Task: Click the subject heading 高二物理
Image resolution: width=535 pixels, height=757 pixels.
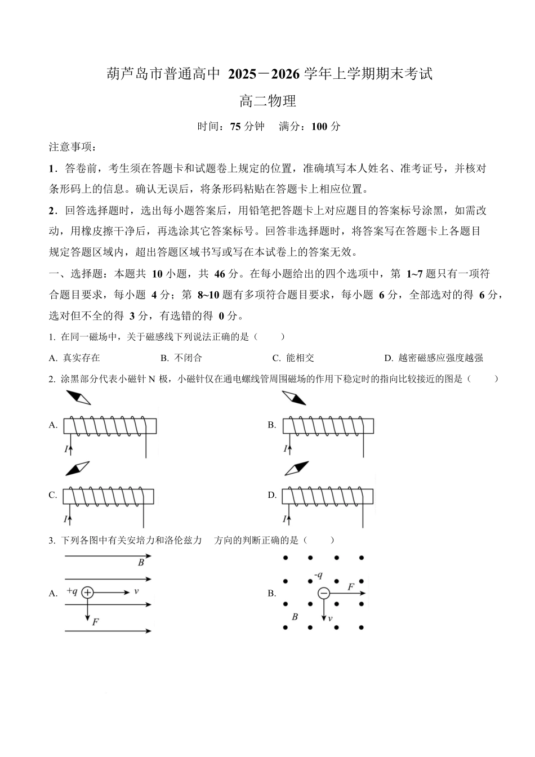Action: tap(267, 101)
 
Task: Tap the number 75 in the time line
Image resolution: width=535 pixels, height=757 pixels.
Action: tap(235, 127)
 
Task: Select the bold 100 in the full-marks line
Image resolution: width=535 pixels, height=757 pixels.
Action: tap(319, 127)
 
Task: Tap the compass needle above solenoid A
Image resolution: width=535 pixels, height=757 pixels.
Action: tap(78, 398)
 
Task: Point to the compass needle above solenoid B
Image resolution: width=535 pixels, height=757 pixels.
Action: tap(295, 398)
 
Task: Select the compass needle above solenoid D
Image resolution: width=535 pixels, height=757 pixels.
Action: tap(297, 469)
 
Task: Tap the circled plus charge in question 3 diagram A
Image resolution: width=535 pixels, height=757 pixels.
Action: tap(87, 592)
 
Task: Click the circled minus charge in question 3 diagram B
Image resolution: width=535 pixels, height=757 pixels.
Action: tap(324, 593)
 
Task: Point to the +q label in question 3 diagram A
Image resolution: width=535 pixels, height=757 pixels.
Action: tap(72, 591)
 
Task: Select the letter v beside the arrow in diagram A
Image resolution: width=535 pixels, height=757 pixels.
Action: tap(136, 591)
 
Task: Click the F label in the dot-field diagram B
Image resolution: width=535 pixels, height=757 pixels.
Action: tap(351, 587)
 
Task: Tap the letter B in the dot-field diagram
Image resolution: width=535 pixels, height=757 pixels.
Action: tap(295, 617)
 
